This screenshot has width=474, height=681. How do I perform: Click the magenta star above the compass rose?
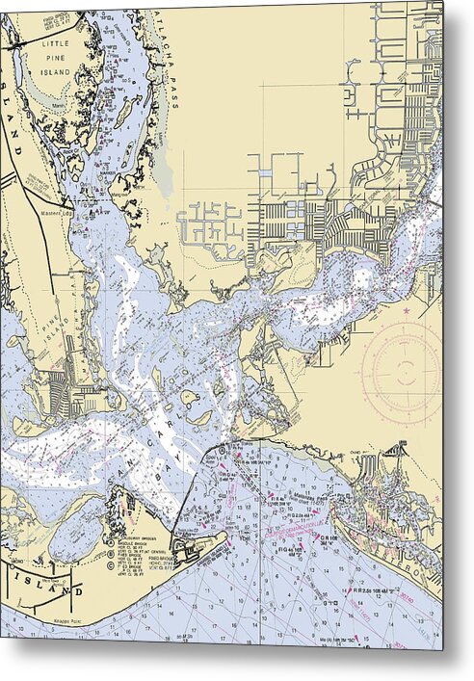tap(408, 312)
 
